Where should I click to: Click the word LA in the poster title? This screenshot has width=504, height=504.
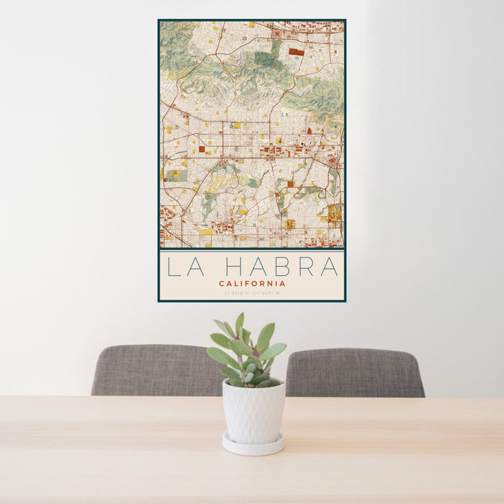(x=181, y=266)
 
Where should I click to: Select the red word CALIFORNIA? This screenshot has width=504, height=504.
(x=252, y=284)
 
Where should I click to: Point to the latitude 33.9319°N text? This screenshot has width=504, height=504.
(x=235, y=293)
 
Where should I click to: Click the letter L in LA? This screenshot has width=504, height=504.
(x=173, y=266)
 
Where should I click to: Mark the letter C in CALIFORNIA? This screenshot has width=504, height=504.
(x=222, y=284)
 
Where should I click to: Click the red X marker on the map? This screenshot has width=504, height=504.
(x=276, y=33)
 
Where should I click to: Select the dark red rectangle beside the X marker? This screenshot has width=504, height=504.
(x=296, y=52)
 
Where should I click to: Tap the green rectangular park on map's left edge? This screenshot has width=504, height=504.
(x=176, y=175)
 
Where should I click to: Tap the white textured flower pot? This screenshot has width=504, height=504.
(x=253, y=412)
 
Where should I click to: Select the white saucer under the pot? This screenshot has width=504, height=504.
(x=253, y=446)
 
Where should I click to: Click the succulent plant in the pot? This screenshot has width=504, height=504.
(x=247, y=353)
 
